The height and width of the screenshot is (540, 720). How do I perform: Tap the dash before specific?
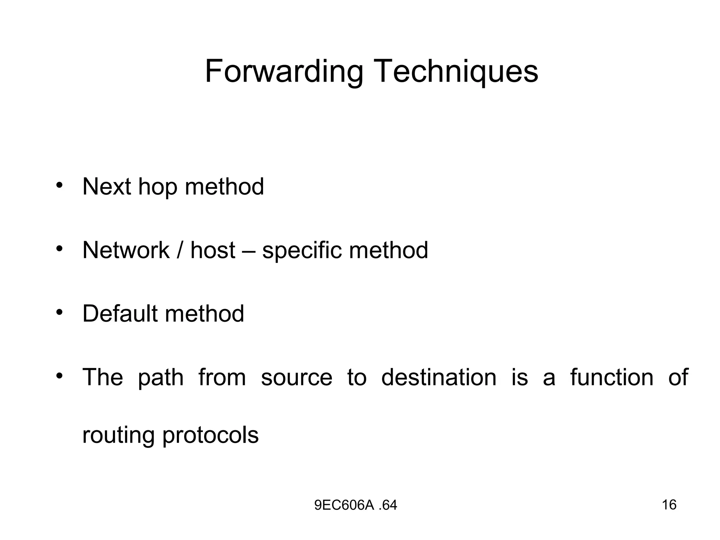point(249,251)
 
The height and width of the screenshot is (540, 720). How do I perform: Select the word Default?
point(120,314)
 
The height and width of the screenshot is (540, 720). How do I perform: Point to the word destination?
point(439,377)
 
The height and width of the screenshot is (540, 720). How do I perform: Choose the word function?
point(612,377)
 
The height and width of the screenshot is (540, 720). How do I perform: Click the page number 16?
point(669,505)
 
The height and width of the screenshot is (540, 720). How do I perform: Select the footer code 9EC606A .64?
point(355,506)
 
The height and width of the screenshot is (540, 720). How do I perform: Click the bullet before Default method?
point(59,312)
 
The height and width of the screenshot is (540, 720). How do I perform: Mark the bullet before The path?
point(59,375)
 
